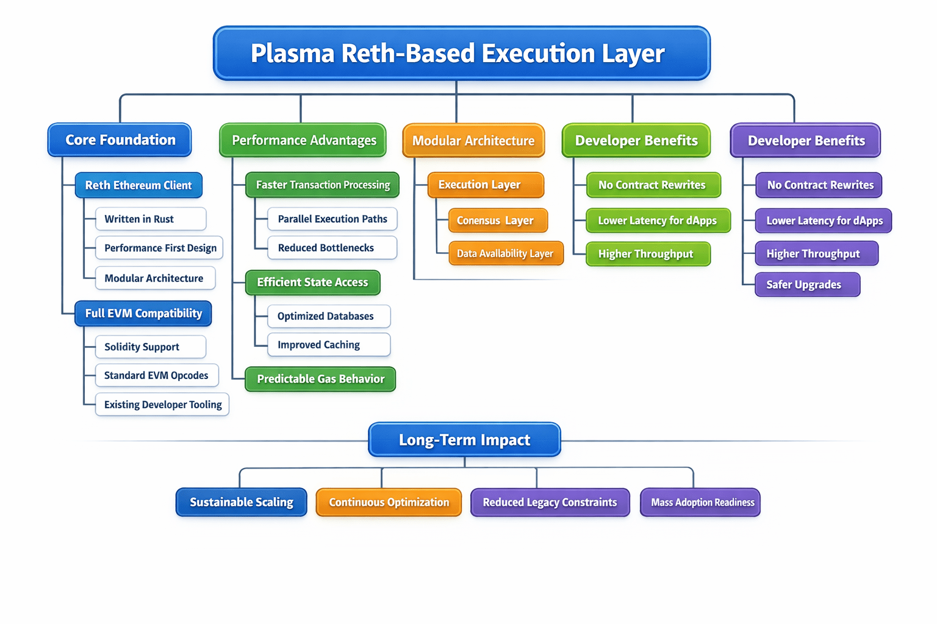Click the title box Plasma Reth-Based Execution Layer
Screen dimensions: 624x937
pyautogui.click(x=461, y=54)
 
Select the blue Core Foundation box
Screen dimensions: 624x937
pyautogui.click(x=120, y=140)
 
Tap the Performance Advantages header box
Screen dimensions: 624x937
pyautogui.click(x=303, y=141)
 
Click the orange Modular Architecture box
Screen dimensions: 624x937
pyautogui.click(x=473, y=141)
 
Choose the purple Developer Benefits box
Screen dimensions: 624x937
pyautogui.click(x=805, y=141)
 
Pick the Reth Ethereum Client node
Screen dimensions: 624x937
pyautogui.click(x=138, y=185)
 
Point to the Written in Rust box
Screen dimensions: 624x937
pyautogui.click(x=151, y=219)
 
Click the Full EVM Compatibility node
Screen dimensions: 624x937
pyautogui.click(x=143, y=314)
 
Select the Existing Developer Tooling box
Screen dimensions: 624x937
pyautogui.click(x=162, y=405)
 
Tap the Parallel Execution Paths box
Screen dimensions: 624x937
pyautogui.click(x=332, y=219)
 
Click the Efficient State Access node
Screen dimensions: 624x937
pyautogui.click(x=312, y=283)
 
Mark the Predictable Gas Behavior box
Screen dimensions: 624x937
pyautogui.click(x=320, y=379)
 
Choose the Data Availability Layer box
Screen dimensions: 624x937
pyautogui.click(x=506, y=253)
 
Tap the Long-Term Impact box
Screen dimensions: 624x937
pyautogui.click(x=464, y=440)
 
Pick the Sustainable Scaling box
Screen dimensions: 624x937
pyautogui.click(x=242, y=502)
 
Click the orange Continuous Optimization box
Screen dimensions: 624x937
pyautogui.click(x=389, y=502)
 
